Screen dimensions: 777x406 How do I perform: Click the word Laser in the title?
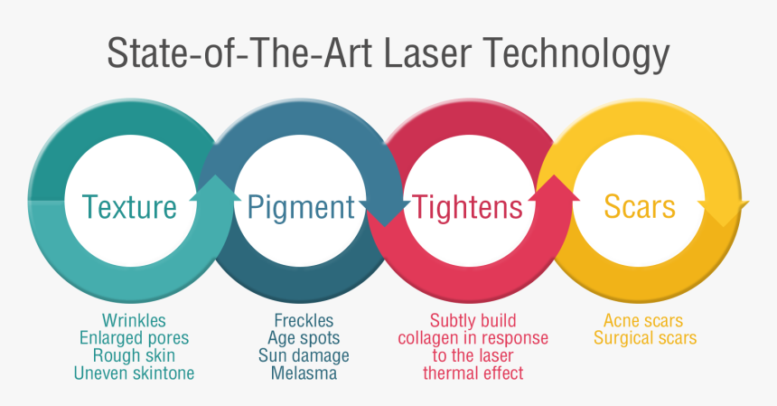[427, 52]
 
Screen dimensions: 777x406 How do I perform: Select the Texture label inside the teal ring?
[129, 207]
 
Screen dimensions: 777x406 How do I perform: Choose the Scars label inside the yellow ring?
[640, 207]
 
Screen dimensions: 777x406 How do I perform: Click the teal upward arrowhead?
[215, 188]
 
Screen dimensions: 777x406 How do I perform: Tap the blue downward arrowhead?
[385, 213]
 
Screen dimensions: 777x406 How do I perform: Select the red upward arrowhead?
[554, 188]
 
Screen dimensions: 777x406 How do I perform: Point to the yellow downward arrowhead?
[724, 213]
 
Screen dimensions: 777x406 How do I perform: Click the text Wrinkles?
[134, 321]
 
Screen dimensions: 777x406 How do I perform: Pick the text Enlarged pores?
[135, 338]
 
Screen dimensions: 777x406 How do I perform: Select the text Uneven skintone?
[135, 373]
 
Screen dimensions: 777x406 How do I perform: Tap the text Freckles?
[304, 321]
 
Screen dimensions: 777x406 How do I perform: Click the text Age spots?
[304, 339]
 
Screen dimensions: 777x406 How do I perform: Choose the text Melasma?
[304, 373]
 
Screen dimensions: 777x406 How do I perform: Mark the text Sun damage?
[304, 356]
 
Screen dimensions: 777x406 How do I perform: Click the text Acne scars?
[643, 321]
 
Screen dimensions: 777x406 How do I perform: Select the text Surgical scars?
[645, 338]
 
